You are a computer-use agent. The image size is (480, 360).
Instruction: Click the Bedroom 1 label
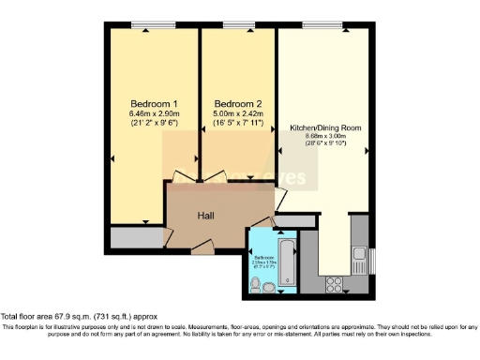(x=154, y=103)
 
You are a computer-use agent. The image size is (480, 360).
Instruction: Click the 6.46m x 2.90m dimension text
(x=154, y=114)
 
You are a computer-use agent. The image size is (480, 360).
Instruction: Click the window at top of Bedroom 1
(x=144, y=24)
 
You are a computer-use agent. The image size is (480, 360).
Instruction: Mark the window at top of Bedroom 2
(x=239, y=24)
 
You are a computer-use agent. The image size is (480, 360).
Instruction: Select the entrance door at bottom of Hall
(x=202, y=249)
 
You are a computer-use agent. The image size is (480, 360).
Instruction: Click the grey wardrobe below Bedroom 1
(x=137, y=237)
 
